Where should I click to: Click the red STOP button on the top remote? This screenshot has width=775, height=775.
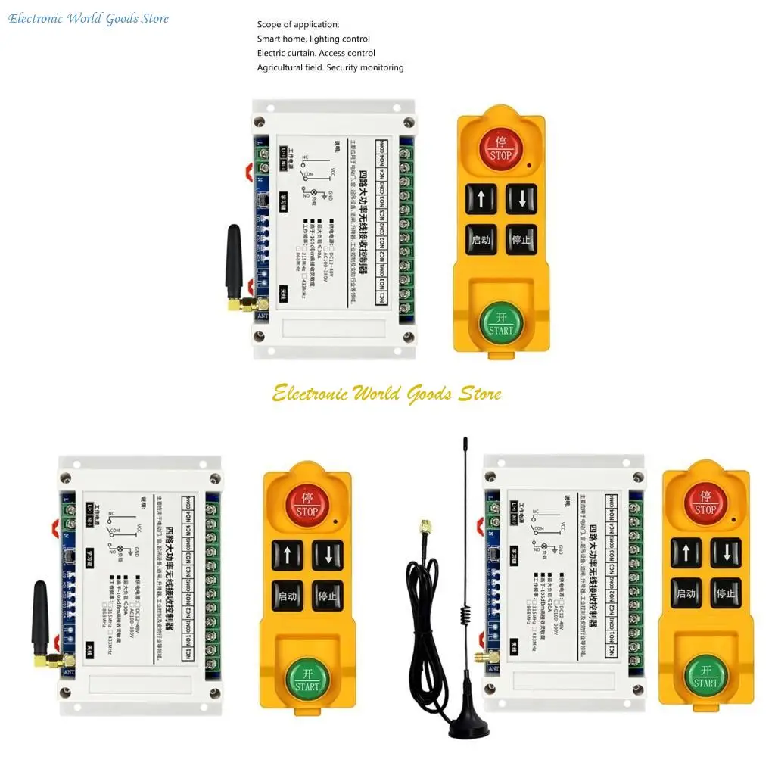tap(500, 149)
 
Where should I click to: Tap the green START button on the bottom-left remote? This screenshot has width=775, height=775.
tap(307, 677)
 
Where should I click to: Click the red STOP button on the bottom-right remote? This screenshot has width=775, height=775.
tap(705, 503)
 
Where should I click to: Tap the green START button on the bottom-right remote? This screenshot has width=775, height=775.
tap(705, 675)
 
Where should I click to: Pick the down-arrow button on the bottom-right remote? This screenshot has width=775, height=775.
tap(726, 552)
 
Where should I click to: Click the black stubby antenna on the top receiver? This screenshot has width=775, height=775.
tap(233, 261)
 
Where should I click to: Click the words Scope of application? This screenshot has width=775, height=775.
tap(298, 25)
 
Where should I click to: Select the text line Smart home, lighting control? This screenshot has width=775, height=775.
tap(313, 39)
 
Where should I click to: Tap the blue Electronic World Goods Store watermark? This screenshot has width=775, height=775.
tap(89, 18)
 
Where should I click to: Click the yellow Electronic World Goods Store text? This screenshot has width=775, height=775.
tap(387, 394)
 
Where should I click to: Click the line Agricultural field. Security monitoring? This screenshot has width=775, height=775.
tap(330, 67)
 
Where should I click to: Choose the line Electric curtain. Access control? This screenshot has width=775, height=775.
tap(316, 53)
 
